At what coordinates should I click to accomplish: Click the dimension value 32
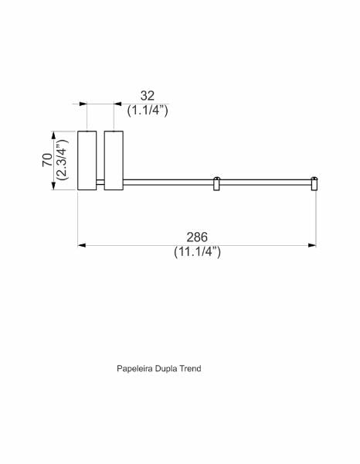(148, 96)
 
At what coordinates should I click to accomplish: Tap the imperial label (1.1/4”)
(148, 111)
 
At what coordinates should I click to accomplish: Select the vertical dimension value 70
(47, 160)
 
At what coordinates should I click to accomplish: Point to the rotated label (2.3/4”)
(63, 159)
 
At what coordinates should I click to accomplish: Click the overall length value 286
(197, 237)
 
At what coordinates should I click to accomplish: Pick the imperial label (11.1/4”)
(197, 252)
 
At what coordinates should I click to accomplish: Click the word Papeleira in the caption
(134, 369)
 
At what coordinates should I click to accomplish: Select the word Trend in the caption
(190, 369)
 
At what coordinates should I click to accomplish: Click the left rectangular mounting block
(87, 160)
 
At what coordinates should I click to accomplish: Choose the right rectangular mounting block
(114, 160)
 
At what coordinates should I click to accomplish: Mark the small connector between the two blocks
(100, 183)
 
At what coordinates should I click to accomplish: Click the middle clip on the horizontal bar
(216, 184)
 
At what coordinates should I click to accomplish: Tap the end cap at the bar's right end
(314, 184)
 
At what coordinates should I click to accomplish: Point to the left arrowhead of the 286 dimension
(82, 245)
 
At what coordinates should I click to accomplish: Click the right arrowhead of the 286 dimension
(312, 245)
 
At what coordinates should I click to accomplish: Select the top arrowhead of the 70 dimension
(53, 135)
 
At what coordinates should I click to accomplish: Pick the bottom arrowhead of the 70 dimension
(53, 186)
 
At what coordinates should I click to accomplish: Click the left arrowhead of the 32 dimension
(83, 104)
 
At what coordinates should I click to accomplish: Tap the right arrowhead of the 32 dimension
(117, 104)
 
